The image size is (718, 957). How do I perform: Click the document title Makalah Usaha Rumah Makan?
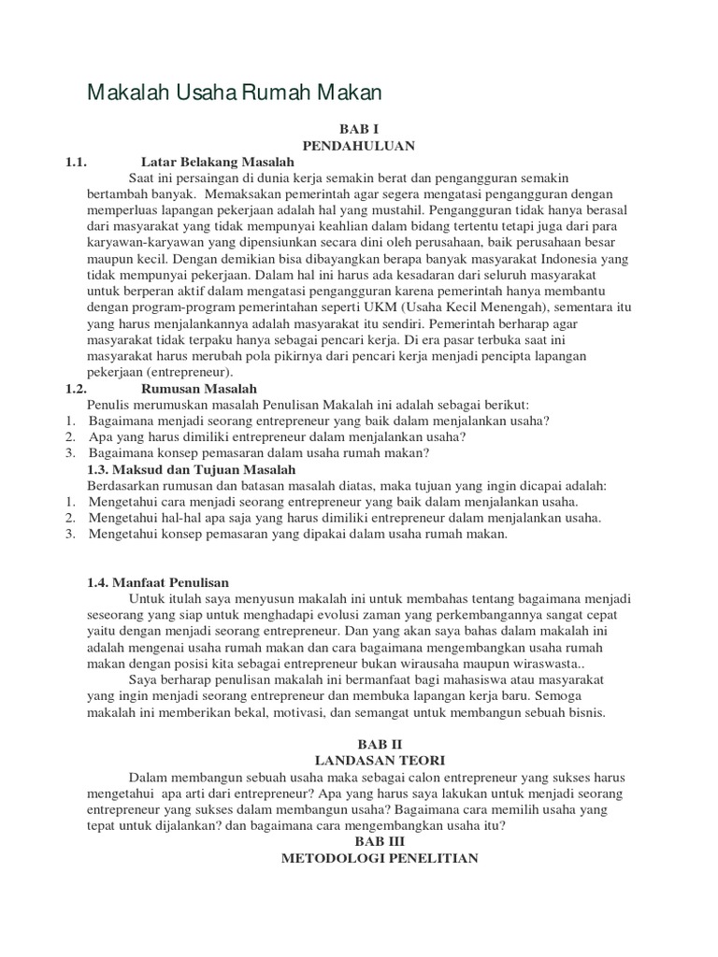coord(236,93)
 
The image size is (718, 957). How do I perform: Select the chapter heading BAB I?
coord(358,128)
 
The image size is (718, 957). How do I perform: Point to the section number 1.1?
coord(76,162)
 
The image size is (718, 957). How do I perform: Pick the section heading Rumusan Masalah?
coord(199,388)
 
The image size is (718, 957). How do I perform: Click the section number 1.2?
coord(76,388)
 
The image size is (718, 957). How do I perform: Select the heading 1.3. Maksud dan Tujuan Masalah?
coord(191,469)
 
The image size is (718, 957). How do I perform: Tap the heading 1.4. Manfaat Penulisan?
coord(158,582)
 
